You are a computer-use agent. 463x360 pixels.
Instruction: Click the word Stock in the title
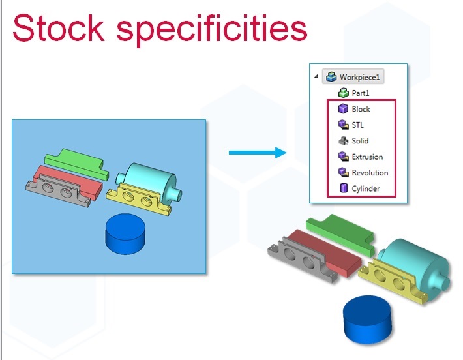pos(59,28)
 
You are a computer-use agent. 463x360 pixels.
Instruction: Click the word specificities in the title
pos(212,30)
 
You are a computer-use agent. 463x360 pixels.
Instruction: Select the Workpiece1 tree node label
pos(359,77)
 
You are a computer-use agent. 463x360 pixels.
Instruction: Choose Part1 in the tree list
pos(361,93)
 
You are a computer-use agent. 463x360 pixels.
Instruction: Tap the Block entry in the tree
pos(361,109)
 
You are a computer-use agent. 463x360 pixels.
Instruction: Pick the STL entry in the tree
pos(357,125)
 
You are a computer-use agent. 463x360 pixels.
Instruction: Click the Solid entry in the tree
pos(360,141)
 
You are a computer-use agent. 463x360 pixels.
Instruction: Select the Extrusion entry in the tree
pos(367,157)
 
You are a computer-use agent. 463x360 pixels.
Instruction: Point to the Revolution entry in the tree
pos(370,173)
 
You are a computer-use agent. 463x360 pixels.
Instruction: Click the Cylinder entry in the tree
pos(366,188)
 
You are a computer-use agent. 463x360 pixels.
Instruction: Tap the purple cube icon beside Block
pos(343,109)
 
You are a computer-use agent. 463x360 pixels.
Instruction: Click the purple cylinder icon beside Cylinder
pos(344,188)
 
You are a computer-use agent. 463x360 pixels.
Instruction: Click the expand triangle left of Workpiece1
pos(316,76)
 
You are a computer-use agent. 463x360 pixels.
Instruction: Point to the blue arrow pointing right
pos(258,153)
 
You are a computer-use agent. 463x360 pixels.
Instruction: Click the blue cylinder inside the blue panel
pos(125,233)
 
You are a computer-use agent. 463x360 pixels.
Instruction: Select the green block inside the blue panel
pos(77,164)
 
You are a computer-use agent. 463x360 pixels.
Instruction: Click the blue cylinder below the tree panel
pos(367,320)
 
